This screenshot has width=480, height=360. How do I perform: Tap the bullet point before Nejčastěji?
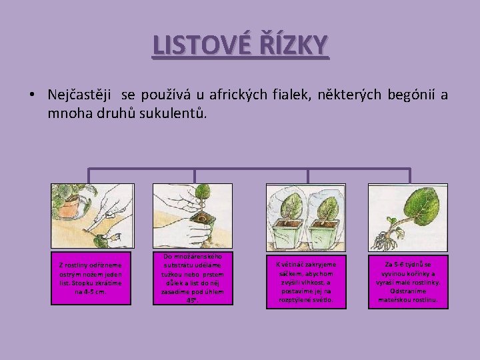click(32, 95)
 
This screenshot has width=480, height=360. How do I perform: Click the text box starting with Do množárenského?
click(192, 278)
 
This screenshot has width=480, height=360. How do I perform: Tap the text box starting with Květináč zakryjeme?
click(306, 282)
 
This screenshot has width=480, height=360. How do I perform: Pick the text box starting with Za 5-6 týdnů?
click(408, 282)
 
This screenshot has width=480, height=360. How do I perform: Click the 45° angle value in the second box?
click(192, 300)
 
